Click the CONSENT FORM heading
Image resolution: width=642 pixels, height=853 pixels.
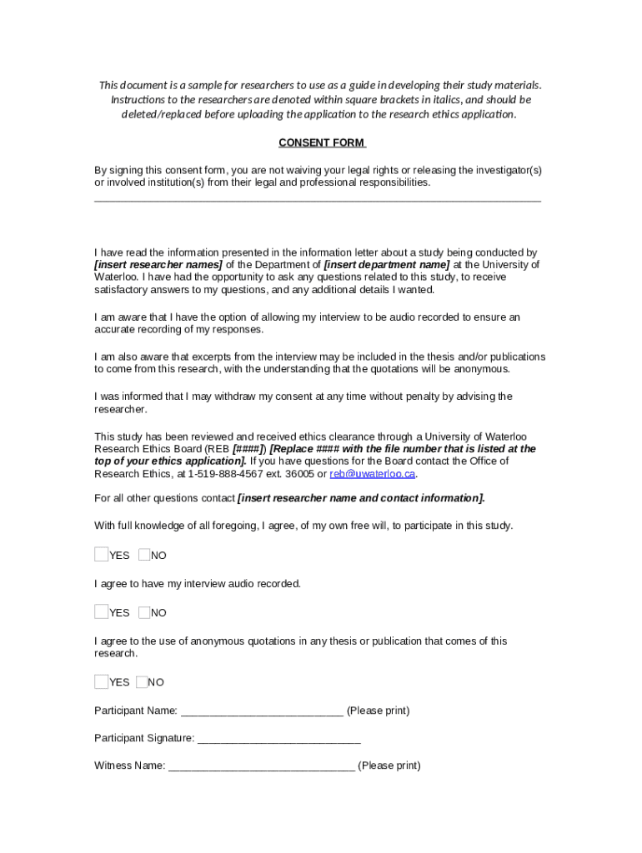(322, 142)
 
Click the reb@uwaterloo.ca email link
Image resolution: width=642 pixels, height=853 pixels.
(373, 474)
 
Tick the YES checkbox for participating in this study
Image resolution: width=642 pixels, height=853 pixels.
(102, 555)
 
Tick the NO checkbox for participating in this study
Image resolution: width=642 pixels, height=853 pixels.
(144, 555)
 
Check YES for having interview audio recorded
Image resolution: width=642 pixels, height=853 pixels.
(102, 612)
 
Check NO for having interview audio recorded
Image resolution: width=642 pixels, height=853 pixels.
(144, 612)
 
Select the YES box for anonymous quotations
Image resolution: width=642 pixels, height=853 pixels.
(102, 682)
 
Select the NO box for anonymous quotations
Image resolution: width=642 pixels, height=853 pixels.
(142, 682)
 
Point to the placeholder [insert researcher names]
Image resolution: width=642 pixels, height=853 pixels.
(151, 265)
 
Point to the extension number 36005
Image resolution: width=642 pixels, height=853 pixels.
(298, 474)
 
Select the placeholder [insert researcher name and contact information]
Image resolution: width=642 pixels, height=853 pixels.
(361, 498)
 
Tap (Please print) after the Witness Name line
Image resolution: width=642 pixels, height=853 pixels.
(389, 766)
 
